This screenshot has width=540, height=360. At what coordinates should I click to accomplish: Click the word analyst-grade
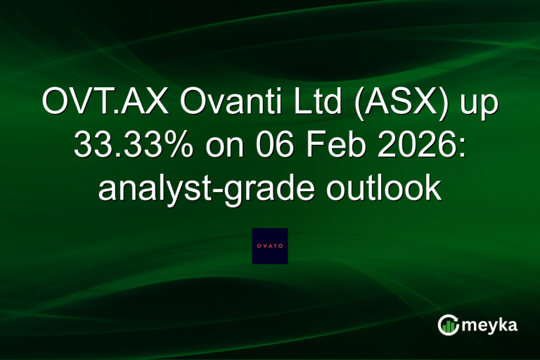(194, 191)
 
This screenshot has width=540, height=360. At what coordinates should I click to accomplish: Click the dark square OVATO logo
(270, 246)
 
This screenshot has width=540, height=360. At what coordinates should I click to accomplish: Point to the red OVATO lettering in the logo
(270, 246)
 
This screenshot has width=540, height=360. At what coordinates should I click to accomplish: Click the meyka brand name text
(491, 326)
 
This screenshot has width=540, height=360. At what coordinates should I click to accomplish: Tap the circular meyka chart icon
(449, 325)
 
